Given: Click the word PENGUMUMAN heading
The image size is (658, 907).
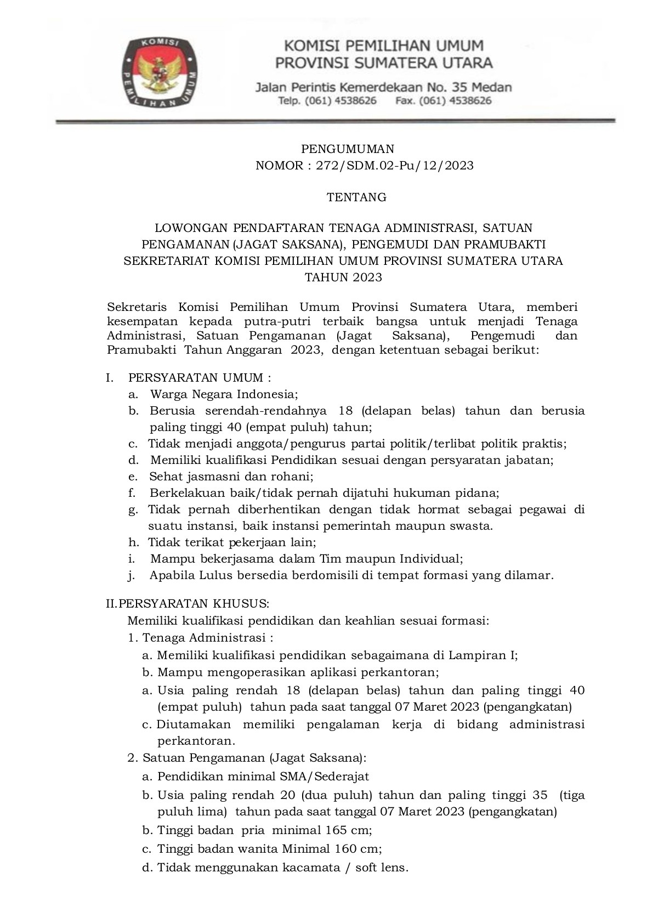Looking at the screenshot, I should (348, 149).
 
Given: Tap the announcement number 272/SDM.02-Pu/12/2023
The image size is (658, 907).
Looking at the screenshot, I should (394, 166).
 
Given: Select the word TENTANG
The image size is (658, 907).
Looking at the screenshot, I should (356, 197).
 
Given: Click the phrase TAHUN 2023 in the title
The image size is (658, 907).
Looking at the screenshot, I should (343, 277).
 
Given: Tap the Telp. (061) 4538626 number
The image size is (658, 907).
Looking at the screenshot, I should (327, 101).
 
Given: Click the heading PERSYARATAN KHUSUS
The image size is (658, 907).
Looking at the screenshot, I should (194, 604).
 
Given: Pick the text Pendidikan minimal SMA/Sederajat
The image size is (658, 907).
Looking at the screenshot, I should (263, 776).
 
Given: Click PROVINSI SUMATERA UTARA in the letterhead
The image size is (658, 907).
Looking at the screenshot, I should (383, 63).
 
